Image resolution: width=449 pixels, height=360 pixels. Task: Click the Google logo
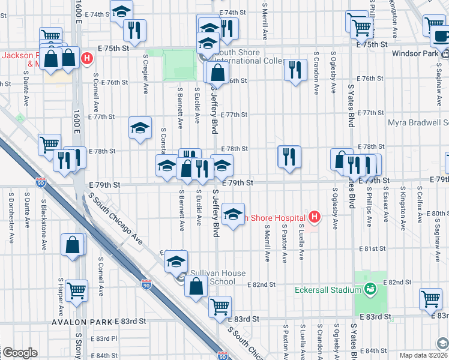click(19, 353)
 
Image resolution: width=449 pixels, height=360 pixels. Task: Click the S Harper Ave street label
click(61, 297)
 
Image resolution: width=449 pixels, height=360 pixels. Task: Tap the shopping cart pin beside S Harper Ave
click(76, 290)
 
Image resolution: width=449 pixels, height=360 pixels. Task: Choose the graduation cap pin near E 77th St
click(140, 127)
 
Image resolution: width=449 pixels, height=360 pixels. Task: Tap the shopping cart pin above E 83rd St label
click(220, 306)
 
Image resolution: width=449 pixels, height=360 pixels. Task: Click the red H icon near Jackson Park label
click(87, 59)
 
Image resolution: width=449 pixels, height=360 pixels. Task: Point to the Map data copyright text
click(423, 355)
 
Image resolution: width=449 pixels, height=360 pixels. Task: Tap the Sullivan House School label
click(218, 277)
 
